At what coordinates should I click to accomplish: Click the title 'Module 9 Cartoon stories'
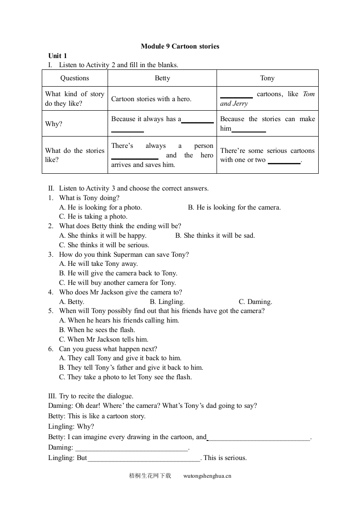pyautogui.click(x=180, y=46)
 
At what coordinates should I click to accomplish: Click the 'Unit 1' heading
pyautogui.click(x=58, y=56)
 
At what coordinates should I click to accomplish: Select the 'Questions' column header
pyautogui.click(x=74, y=78)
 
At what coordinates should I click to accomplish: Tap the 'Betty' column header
pyautogui.click(x=162, y=78)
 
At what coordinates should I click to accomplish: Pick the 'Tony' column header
pyautogui.click(x=267, y=78)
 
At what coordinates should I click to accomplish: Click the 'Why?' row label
pyautogui.click(x=54, y=124)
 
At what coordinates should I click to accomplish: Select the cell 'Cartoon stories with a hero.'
pyautogui.click(x=151, y=99)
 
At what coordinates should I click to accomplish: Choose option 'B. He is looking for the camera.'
pyautogui.click(x=234, y=207)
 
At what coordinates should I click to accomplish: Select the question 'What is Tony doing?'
pyautogui.click(x=89, y=198)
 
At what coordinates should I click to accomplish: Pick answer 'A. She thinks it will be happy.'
pyautogui.click(x=103, y=235)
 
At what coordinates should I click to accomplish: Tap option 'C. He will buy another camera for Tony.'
pyautogui.click(x=118, y=283)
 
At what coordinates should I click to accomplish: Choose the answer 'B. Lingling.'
pyautogui.click(x=167, y=302)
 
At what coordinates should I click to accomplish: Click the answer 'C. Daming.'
pyautogui.click(x=255, y=302)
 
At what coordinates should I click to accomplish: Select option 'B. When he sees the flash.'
pyautogui.click(x=97, y=330)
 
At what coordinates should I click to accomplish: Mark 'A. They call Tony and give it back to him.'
pyautogui.click(x=120, y=358)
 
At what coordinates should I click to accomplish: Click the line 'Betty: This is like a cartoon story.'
pyautogui.click(x=97, y=416)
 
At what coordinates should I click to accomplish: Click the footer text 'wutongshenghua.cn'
pyautogui.click(x=207, y=476)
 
